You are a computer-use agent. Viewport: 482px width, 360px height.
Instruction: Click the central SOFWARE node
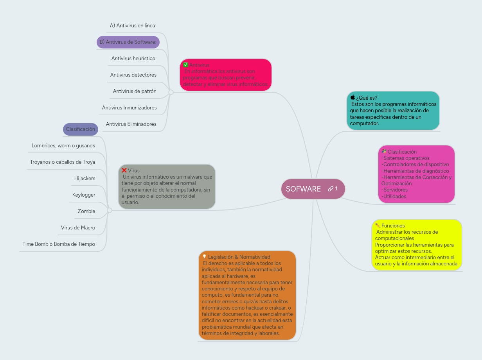tap(303, 189)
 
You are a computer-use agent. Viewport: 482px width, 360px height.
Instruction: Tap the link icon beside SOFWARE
tap(331, 189)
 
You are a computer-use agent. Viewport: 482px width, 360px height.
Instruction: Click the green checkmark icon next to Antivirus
tap(186, 65)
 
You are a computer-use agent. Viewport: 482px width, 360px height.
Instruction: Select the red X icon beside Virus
tap(124, 170)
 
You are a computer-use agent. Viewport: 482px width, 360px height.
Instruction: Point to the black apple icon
tap(353, 97)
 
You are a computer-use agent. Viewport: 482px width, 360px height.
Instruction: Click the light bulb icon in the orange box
tap(204, 257)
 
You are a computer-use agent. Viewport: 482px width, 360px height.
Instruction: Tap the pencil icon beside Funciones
tap(378, 226)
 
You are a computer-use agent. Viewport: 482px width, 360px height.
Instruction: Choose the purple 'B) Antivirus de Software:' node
tap(128, 42)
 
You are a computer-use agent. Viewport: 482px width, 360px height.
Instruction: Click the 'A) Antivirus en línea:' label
tap(133, 26)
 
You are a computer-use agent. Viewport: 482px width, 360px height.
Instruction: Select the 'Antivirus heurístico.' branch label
tap(134, 59)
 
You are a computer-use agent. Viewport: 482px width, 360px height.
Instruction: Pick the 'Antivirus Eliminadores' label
tap(131, 124)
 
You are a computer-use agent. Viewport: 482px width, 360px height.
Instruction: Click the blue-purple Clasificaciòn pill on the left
tap(81, 129)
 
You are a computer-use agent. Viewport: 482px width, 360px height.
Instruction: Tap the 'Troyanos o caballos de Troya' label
tap(63, 162)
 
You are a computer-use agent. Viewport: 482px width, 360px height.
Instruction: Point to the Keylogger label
tap(84, 195)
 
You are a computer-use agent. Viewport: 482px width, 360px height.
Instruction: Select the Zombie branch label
tap(86, 211)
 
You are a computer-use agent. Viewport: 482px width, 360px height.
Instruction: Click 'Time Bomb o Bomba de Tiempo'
tap(59, 244)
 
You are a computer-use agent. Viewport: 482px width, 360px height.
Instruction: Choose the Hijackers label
tap(85, 179)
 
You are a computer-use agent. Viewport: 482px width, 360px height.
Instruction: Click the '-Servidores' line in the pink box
tap(395, 190)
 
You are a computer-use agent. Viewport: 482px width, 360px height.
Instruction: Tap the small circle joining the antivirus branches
tap(171, 92)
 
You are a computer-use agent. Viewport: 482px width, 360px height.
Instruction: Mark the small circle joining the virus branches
tap(110, 210)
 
